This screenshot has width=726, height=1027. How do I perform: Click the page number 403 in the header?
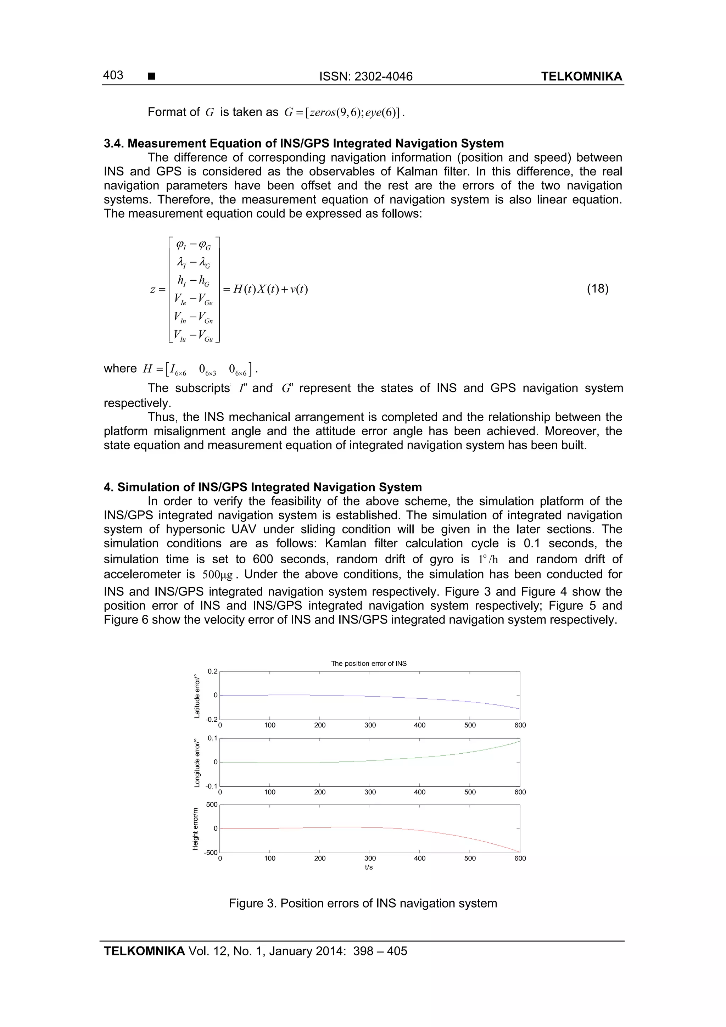point(113,75)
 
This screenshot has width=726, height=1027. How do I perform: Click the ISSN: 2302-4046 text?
point(365,77)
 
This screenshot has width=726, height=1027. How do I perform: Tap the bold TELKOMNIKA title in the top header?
point(581,77)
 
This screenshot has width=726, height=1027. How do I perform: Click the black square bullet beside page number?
point(151,77)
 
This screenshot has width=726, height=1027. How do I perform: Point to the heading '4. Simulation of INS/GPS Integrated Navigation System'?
point(263,487)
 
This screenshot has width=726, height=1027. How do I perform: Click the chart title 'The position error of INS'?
point(369,663)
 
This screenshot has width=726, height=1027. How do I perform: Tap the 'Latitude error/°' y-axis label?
point(197,696)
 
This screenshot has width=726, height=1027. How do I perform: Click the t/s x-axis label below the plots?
point(369,867)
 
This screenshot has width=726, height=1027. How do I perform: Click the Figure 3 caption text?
point(363,903)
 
